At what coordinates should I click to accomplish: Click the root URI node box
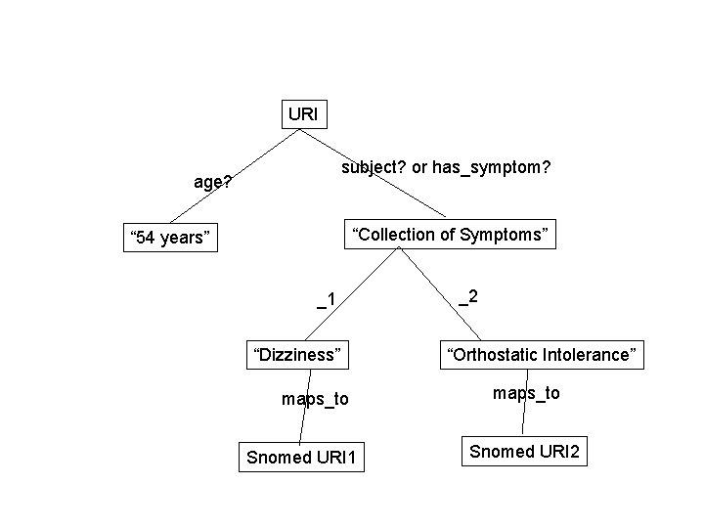click(x=303, y=114)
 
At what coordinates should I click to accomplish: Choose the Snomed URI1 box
click(x=302, y=457)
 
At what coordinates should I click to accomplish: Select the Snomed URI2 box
click(x=524, y=451)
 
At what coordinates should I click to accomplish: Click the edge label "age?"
click(x=212, y=182)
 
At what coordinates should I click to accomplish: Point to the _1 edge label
click(x=327, y=299)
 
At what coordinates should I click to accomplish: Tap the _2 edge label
click(x=468, y=296)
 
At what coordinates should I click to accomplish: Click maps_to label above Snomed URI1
click(x=315, y=399)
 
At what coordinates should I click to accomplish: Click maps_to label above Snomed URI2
click(x=526, y=392)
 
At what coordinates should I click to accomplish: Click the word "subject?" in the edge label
click(x=374, y=168)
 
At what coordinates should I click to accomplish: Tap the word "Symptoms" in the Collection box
click(x=508, y=235)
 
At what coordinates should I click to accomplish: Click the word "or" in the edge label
click(x=420, y=168)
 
